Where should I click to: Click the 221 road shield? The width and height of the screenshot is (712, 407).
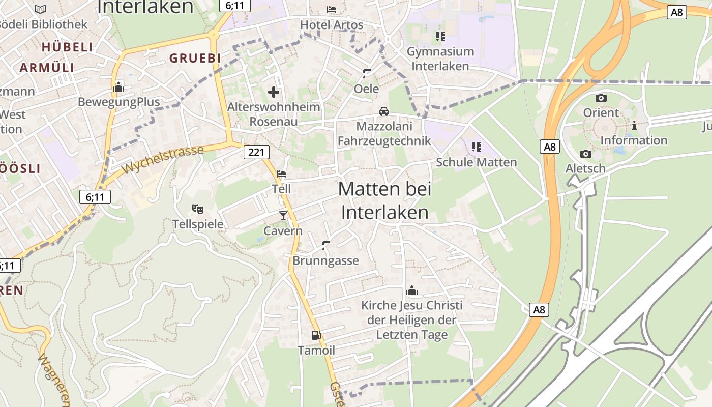[256, 152]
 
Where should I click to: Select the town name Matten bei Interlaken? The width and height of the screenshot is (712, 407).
[384, 200]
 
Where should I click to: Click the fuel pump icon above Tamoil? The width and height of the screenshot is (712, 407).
[316, 335]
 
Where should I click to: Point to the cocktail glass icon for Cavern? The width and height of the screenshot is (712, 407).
[283, 216]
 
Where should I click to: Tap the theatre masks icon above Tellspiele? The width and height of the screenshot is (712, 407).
[197, 209]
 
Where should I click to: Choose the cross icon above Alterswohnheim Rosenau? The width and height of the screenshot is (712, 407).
[274, 92]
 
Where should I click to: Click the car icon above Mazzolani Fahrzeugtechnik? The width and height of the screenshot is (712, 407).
[384, 111]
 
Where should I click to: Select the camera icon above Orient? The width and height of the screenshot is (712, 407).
[601, 98]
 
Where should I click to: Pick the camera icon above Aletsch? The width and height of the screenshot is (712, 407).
[585, 154]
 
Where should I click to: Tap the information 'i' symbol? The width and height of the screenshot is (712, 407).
[634, 125]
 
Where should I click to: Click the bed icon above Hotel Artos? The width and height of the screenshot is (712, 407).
[332, 9]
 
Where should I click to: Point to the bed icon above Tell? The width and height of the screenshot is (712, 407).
[281, 174]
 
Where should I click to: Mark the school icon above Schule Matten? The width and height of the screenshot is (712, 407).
[476, 147]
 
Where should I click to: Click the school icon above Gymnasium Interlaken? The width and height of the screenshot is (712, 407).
[440, 36]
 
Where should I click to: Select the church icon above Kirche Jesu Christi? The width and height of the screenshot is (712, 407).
[412, 290]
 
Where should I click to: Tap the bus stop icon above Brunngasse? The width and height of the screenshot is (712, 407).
[326, 246]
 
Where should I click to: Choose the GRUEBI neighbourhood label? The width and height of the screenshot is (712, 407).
[195, 59]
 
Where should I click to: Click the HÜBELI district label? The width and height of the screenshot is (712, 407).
[67, 47]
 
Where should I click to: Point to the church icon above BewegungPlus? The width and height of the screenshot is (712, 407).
[118, 87]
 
